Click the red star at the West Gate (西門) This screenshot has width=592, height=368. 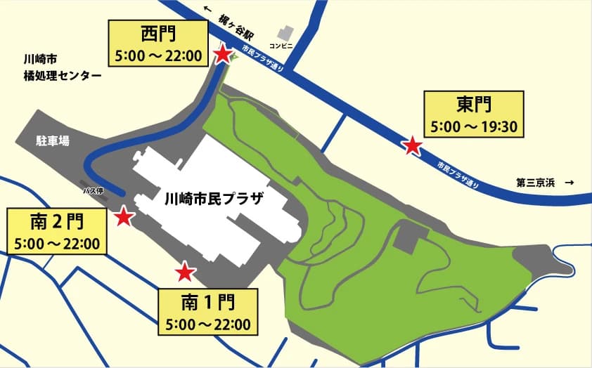click(222, 54)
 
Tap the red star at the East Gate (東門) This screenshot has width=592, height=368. click(412, 146)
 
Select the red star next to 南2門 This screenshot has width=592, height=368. click(124, 216)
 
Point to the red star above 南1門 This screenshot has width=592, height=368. click(185, 271)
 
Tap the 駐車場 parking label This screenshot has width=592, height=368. click(53, 140)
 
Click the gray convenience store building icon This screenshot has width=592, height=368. click(285, 33)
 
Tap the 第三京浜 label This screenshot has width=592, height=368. click(535, 183)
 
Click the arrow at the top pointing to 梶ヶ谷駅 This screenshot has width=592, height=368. click(207, 9)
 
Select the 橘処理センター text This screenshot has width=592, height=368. click(62, 76)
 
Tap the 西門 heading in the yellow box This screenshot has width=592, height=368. click(157, 34)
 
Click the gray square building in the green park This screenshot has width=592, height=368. click(406, 239)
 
